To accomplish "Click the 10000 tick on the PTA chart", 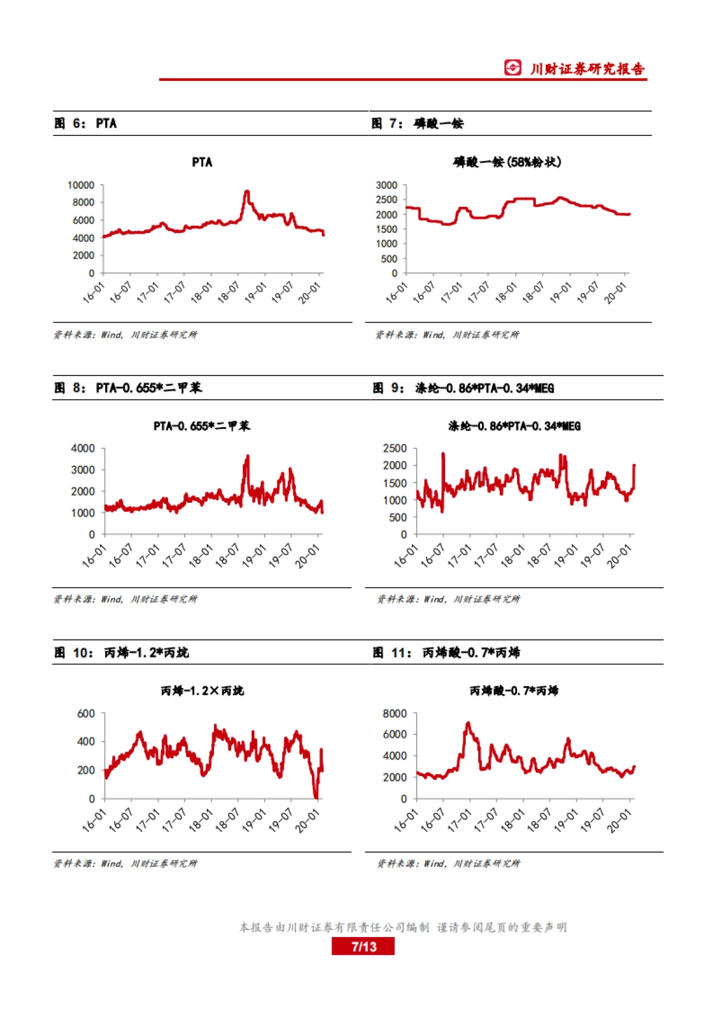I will coord(81,185).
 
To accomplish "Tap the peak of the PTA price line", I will coord(247,192).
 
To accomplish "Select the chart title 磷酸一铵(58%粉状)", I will coord(507,162).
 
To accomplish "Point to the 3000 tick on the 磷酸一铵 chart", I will coord(386,185).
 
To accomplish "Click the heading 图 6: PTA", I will coord(86,124).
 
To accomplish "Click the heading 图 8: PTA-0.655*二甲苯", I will coord(128,388).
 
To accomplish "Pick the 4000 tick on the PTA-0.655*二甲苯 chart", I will coord(83,449).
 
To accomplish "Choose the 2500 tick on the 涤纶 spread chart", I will coord(395,449).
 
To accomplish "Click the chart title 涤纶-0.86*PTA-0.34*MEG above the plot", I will coord(514,426).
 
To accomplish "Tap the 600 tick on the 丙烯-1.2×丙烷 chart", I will coord(86,714).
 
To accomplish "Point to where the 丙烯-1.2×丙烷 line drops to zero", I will coord(316,797).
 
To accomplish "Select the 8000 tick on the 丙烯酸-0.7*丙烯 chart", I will coord(395,714).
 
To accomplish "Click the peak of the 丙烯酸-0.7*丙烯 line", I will coord(468,724).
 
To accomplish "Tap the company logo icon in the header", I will coord(513,68).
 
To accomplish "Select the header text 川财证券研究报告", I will coord(587,69).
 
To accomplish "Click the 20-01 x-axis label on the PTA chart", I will coord(310,293).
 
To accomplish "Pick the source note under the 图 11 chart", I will coord(449,863).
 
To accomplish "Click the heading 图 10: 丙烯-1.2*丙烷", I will coord(121,652).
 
